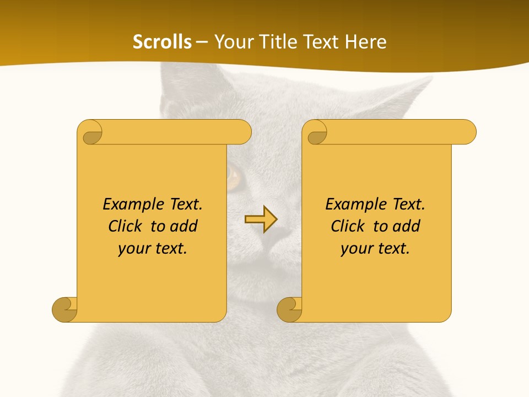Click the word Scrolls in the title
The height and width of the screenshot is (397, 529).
[x=162, y=42]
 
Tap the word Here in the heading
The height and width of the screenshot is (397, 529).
[x=366, y=42]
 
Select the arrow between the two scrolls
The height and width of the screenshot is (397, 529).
[x=261, y=219]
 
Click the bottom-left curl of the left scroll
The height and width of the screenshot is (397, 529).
[x=65, y=309]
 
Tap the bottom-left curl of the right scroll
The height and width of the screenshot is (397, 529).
[x=289, y=309]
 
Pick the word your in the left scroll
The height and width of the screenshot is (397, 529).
[x=133, y=249]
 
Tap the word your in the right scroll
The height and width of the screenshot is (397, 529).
[x=356, y=249]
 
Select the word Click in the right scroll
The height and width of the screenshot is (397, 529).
[x=348, y=226]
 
